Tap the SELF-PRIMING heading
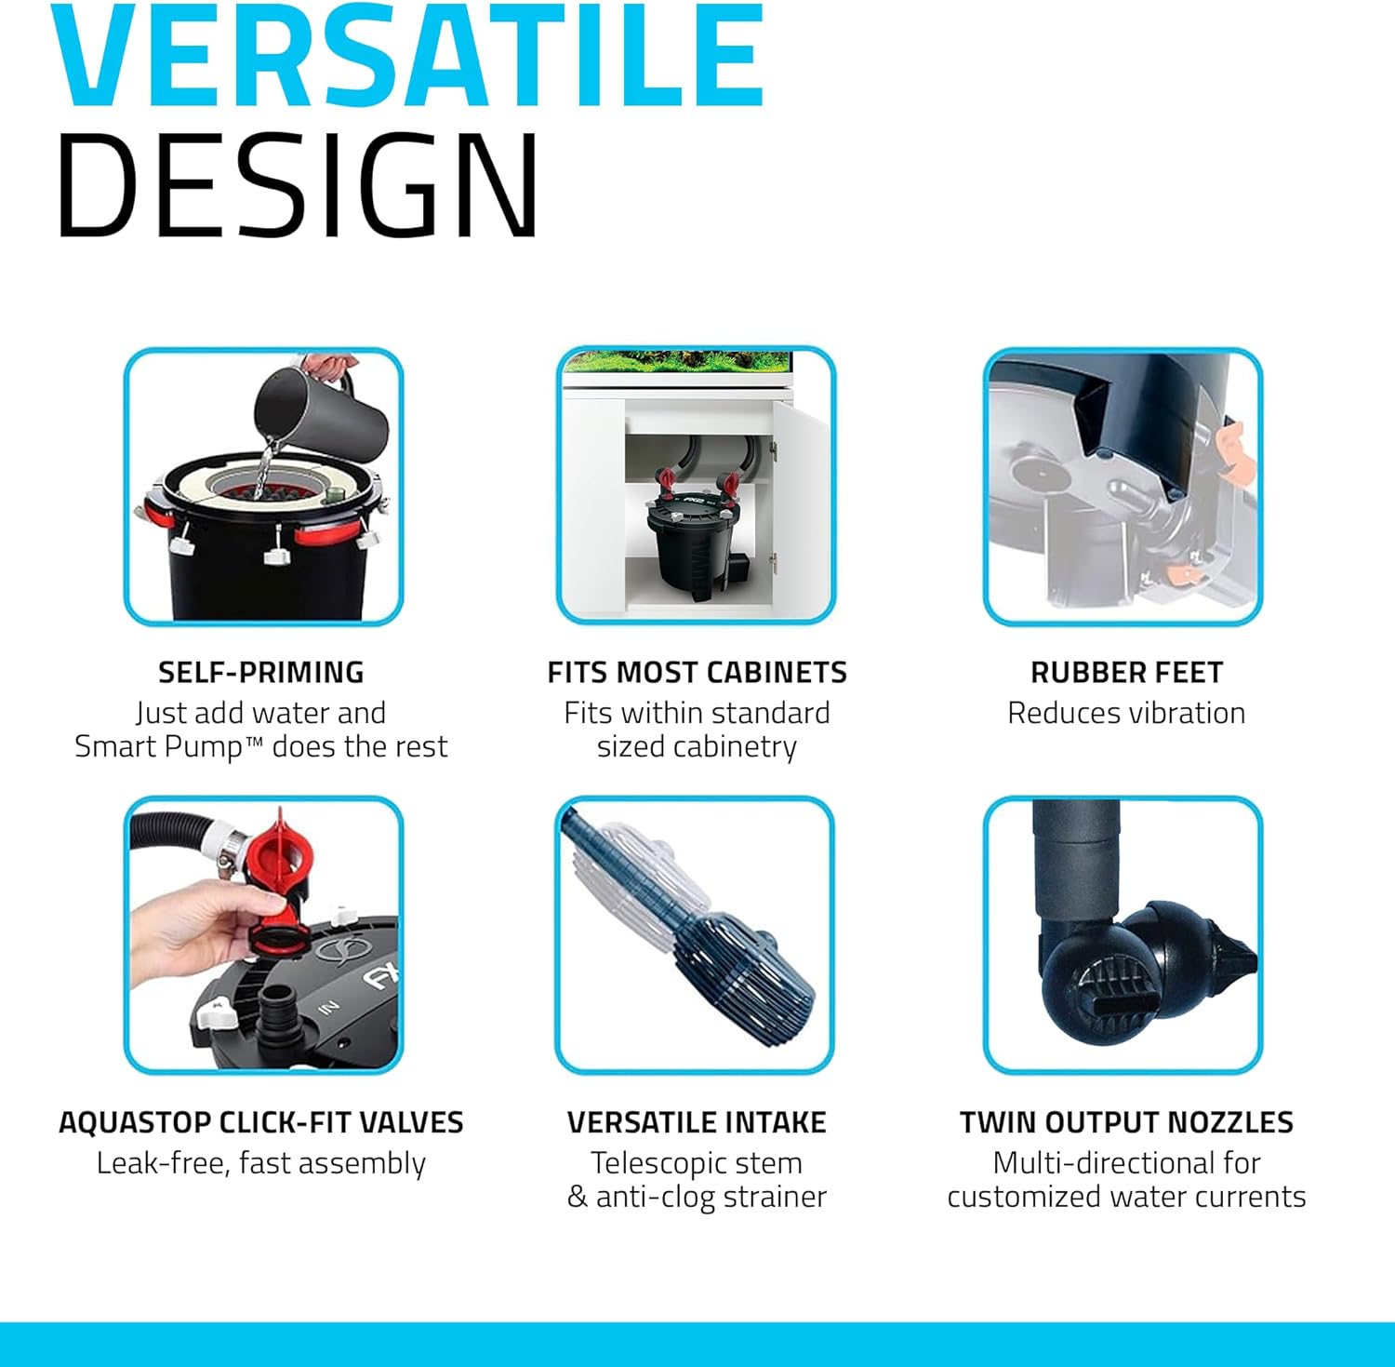pos(261,672)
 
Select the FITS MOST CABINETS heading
pos(697,672)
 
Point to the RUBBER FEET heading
pos(1126,672)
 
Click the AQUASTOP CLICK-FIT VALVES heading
pos(261,1122)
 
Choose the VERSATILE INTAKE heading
pos(697,1122)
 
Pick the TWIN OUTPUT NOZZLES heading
pos(1126,1122)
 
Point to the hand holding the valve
pos(200,931)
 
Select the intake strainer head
pos(744,972)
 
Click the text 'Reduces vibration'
pos(1126,713)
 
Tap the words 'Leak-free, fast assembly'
pos(261,1163)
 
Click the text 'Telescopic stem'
pos(697,1163)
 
